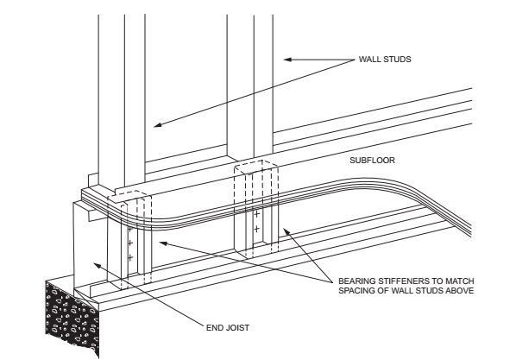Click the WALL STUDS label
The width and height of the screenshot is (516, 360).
[x=385, y=60]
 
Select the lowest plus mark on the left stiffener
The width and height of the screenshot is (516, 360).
[x=129, y=257]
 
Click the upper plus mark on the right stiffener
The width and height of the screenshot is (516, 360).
[x=256, y=212]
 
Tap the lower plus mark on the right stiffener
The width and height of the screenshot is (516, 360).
[x=256, y=227]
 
